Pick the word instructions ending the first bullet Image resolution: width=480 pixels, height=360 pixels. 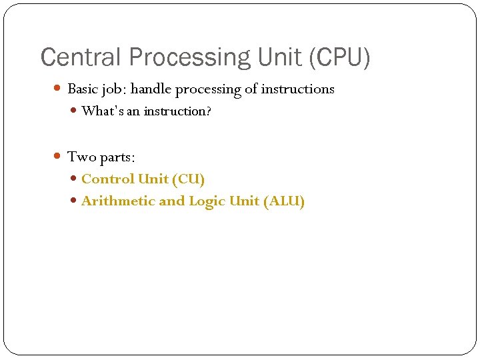tap(298, 89)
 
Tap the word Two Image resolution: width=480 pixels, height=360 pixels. tap(82, 157)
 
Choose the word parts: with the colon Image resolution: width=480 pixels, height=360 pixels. tap(117, 157)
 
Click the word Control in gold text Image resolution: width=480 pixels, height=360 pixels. tap(108, 179)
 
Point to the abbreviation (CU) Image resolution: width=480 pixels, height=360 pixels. tap(188, 179)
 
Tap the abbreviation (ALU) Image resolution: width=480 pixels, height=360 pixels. tap(284, 201)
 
